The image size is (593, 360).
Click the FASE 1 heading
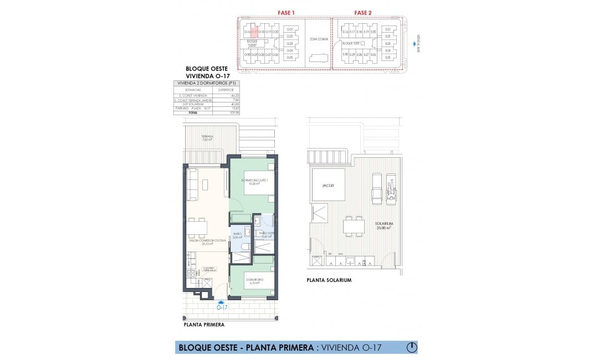[x=285, y=12]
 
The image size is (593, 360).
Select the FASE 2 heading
[x=363, y=12]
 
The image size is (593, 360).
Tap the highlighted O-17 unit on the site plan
[x=255, y=32]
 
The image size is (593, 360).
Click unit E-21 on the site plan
[x=388, y=29]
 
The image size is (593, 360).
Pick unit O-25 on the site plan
[x=289, y=58]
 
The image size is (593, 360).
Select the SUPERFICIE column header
[x=225, y=89]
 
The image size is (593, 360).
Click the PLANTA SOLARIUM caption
[x=329, y=280]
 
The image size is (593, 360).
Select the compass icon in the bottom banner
[x=412, y=347]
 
